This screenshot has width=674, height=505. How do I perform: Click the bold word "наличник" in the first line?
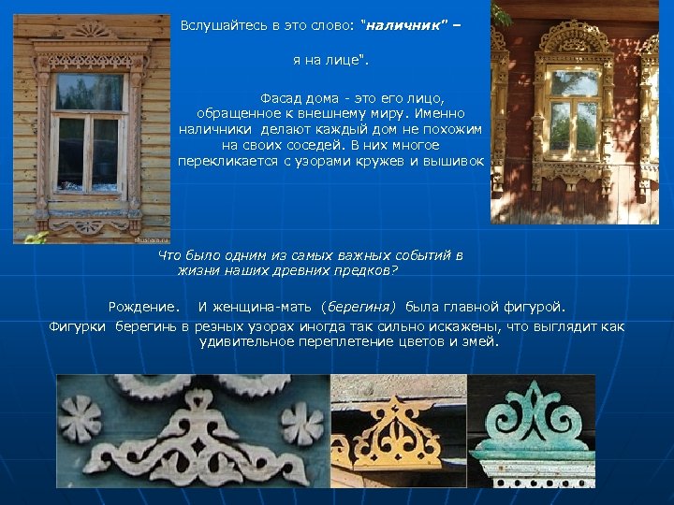(x=401, y=24)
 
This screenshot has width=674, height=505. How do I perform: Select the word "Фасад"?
(x=282, y=97)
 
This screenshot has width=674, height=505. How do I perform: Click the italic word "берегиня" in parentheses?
(x=360, y=307)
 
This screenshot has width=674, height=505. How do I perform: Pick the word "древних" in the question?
(x=313, y=270)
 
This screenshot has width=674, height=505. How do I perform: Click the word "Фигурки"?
(x=79, y=326)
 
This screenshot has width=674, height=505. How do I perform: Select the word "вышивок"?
(x=459, y=161)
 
